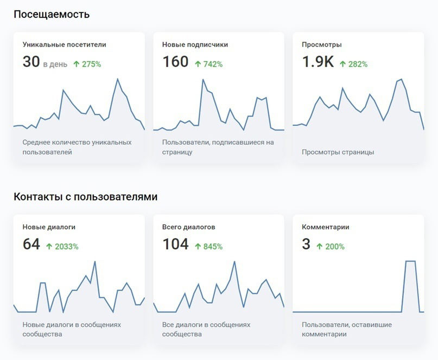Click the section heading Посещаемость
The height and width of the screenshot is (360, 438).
click(x=52, y=14)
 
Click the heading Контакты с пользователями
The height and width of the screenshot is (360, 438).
click(x=85, y=197)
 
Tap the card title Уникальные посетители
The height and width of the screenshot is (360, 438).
click(x=64, y=44)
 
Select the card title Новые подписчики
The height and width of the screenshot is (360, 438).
click(x=195, y=44)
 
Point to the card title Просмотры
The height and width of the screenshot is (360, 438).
click(x=321, y=44)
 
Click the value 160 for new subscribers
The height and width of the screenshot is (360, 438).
click(x=175, y=62)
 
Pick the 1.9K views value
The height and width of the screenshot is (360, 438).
click(x=318, y=62)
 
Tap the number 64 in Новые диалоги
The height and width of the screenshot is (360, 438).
click(x=31, y=244)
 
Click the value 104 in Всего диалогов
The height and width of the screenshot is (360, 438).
click(x=175, y=244)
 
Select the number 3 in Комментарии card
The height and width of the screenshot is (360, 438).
click(x=306, y=244)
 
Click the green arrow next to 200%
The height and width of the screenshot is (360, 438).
click(x=320, y=247)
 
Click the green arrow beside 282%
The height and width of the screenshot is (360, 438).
click(x=342, y=64)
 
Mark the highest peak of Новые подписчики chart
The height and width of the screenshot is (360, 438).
click(x=203, y=80)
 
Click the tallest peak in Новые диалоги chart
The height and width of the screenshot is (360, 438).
click(x=95, y=262)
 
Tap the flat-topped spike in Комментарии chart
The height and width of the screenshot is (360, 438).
click(x=410, y=261)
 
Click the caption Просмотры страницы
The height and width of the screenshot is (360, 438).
click(x=338, y=152)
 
